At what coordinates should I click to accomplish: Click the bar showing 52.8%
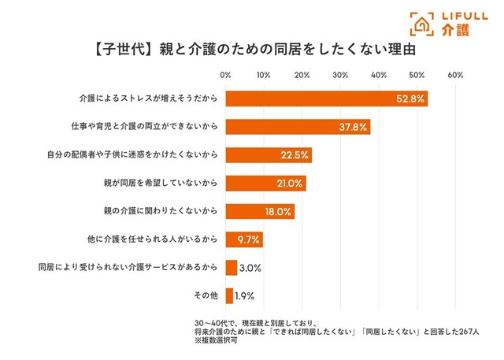[326, 98]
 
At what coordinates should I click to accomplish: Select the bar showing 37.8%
[298, 127]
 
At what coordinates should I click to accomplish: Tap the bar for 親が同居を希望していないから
[265, 184]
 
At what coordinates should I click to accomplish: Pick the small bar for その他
[229, 296]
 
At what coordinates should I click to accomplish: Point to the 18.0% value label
[278, 212]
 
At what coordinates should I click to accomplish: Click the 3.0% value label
[250, 268]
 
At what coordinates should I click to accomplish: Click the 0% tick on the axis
[225, 76]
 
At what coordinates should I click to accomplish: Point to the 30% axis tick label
[340, 76]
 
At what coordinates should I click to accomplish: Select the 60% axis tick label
[455, 76]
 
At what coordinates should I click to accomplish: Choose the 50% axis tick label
[417, 76]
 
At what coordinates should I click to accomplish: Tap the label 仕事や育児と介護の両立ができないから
[142, 127]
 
